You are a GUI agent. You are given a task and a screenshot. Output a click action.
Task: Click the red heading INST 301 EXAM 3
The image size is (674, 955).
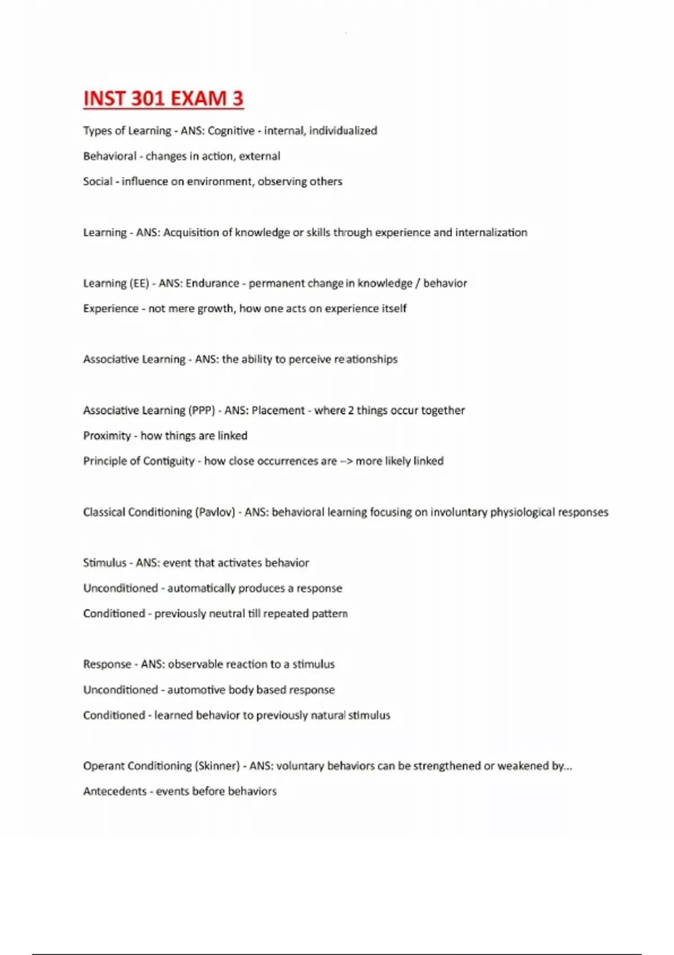163,98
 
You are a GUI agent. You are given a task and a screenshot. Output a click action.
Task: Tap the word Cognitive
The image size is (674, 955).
231,131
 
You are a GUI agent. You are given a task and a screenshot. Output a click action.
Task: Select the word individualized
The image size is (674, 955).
343,131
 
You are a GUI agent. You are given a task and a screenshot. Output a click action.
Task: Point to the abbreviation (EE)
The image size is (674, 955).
140,283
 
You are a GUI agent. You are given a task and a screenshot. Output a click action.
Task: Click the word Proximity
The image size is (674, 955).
107,435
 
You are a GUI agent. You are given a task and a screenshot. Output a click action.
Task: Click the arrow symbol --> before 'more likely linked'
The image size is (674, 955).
345,461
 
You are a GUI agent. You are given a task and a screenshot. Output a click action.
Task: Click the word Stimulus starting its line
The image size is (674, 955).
104,563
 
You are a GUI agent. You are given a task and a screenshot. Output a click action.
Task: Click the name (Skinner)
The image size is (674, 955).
217,766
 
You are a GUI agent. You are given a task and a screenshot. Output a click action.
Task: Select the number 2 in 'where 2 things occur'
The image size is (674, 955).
351,410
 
